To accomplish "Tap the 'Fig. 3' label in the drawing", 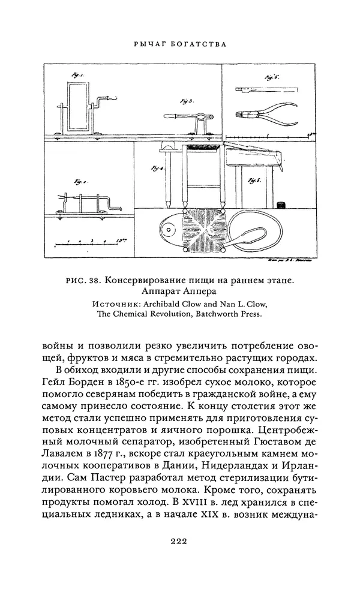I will pos(185,102).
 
